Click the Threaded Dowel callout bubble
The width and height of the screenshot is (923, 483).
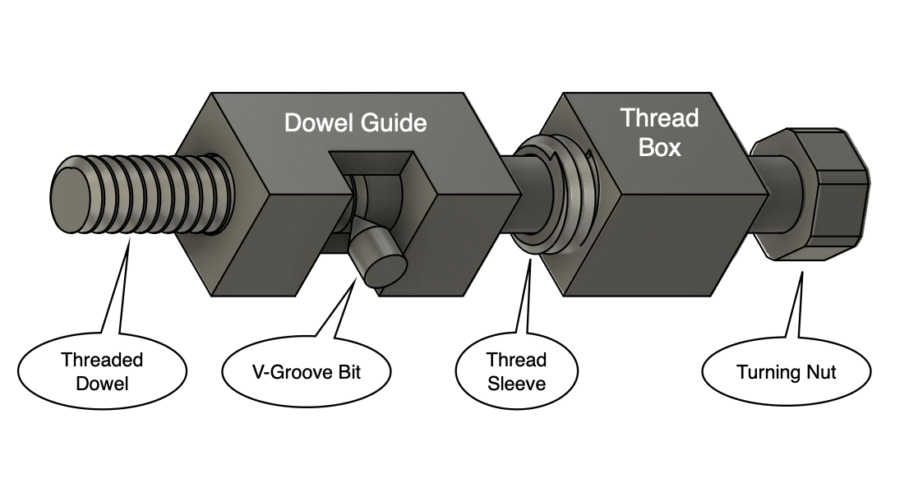point(103,370)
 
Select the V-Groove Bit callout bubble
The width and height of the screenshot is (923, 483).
point(306,372)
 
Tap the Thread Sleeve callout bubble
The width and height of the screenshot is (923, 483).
point(516,370)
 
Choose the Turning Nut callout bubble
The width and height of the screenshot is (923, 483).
point(786,372)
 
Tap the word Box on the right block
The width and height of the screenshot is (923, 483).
point(659,148)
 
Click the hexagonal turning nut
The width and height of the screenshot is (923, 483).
point(822,195)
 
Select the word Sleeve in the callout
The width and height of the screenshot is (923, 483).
point(516,382)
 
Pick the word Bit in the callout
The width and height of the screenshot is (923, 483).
point(346,372)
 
